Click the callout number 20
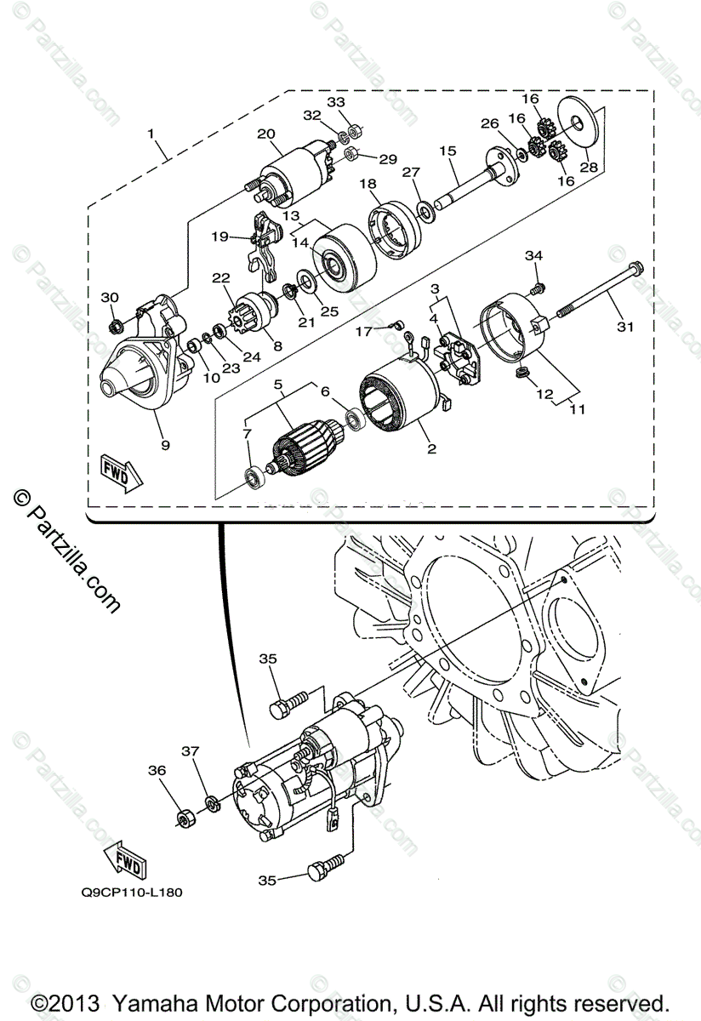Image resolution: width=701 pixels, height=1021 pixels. point(265,134)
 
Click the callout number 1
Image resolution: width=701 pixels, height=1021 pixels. point(151,134)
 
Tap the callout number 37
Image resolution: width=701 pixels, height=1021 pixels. point(190,750)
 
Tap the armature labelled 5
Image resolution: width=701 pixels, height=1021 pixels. point(302,448)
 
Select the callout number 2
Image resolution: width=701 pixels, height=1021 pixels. point(431,448)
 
